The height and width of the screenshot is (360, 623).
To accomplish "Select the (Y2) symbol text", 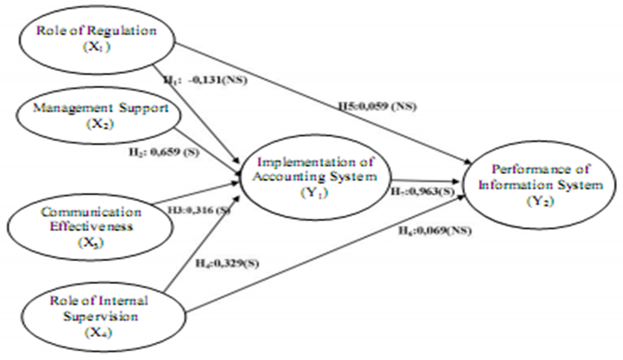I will pyautogui.click(x=540, y=202).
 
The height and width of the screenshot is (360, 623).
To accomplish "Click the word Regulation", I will pyautogui.click(x=120, y=31).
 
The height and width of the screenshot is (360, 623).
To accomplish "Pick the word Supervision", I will pyautogui.click(x=100, y=315).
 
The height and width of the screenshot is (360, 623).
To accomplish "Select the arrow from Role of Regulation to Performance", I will pyautogui.click(x=319, y=101).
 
